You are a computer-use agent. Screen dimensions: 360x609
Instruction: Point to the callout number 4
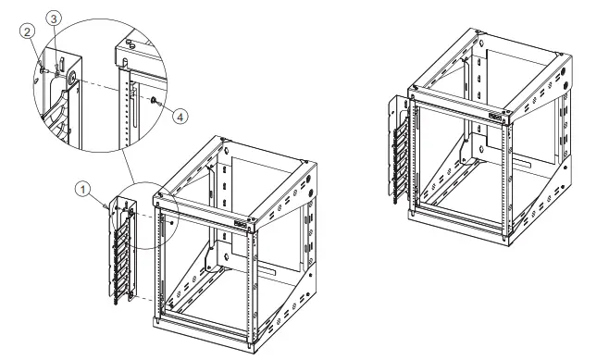coord(181,117)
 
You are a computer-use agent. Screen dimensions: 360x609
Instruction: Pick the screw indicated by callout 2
coord(44,66)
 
